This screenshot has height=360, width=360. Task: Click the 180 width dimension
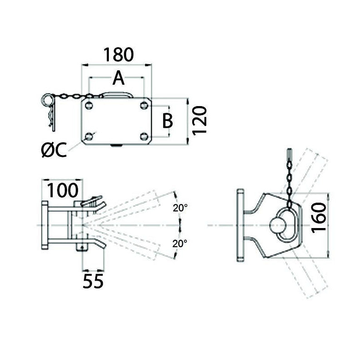[118, 54]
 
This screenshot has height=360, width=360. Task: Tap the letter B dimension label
[167, 121]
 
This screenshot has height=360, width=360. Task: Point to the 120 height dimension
[199, 120]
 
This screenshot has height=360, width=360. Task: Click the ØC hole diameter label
[54, 150]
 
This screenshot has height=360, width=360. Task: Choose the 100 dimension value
[63, 190]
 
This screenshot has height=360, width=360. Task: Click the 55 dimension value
[93, 281]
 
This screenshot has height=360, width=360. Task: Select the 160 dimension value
[319, 218]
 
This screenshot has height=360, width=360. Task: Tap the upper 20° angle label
[180, 208]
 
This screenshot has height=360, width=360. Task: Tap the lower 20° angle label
[180, 243]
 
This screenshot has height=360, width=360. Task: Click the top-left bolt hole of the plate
[89, 106]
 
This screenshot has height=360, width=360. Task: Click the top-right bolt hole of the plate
[144, 106]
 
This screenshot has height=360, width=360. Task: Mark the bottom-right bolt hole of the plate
[144, 136]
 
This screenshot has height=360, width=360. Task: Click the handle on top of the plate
[117, 94]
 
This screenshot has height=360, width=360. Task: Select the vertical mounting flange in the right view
[240, 225]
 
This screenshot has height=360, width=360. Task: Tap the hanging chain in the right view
[288, 177]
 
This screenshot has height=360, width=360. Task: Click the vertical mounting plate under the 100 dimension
[44, 226]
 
